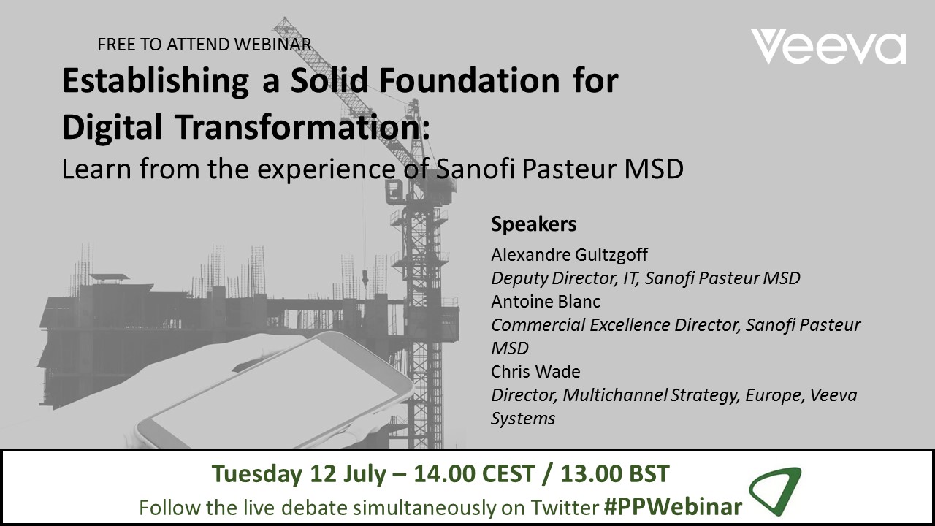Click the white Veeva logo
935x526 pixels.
(828, 46)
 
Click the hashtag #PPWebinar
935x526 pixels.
(673, 507)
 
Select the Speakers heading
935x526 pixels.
(534, 224)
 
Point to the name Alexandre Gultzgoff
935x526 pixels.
(569, 255)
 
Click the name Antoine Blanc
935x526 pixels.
(546, 302)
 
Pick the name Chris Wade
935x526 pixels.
(535, 372)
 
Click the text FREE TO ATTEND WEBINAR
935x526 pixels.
(204, 45)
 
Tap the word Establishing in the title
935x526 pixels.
(156, 81)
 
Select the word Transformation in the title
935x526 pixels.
(302, 127)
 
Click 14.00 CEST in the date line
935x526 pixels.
(474, 474)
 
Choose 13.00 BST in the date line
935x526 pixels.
(615, 474)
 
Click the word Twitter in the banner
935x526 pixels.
(565, 508)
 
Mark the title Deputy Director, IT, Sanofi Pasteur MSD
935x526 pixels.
(646, 278)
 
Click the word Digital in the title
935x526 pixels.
(112, 128)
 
